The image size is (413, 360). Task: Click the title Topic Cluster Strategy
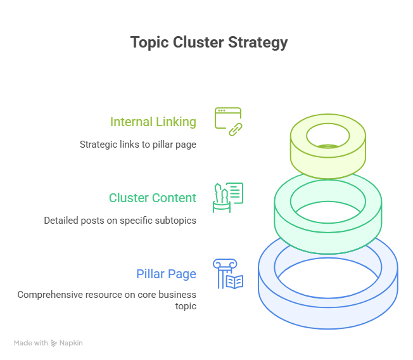(209, 42)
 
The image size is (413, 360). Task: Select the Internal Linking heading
(153, 122)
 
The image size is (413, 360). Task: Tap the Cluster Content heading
(152, 198)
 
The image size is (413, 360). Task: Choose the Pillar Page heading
(166, 274)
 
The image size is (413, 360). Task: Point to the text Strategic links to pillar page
(137, 144)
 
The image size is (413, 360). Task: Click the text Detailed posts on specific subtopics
(120, 221)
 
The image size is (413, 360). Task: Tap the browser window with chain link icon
(228, 121)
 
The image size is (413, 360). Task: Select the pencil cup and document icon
(228, 197)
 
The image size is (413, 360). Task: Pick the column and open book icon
(228, 274)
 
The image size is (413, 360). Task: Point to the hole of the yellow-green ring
(327, 135)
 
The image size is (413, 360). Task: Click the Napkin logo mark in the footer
(54, 343)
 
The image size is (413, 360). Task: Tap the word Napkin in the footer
(71, 343)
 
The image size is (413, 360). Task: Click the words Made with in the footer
(31, 343)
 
